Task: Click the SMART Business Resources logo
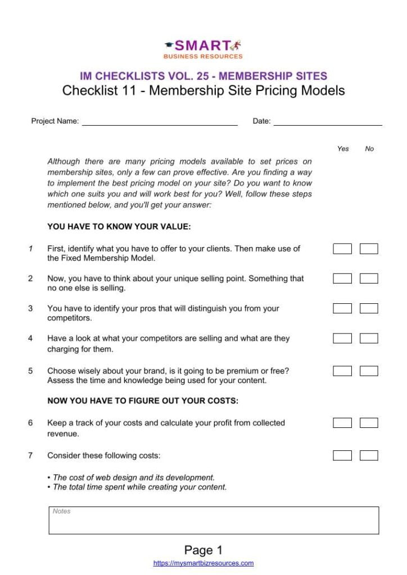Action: click(203, 49)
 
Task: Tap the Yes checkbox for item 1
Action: click(342, 249)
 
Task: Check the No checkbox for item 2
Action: click(369, 279)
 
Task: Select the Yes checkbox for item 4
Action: click(342, 339)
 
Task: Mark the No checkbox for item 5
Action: click(369, 371)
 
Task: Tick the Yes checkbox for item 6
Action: click(342, 423)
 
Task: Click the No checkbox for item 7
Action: click(369, 455)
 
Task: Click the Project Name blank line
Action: click(160, 122)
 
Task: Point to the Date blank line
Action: click(328, 122)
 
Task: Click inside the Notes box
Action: click(214, 521)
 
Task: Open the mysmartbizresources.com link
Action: click(203, 563)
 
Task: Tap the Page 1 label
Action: click(203, 550)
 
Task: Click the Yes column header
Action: click(343, 149)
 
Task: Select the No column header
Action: click(369, 149)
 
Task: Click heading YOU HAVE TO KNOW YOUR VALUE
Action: click(119, 227)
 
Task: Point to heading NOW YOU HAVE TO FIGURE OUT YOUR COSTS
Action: click(143, 401)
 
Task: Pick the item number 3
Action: click(30, 308)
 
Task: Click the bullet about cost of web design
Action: click(133, 477)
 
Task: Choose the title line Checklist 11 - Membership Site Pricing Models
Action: click(203, 90)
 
